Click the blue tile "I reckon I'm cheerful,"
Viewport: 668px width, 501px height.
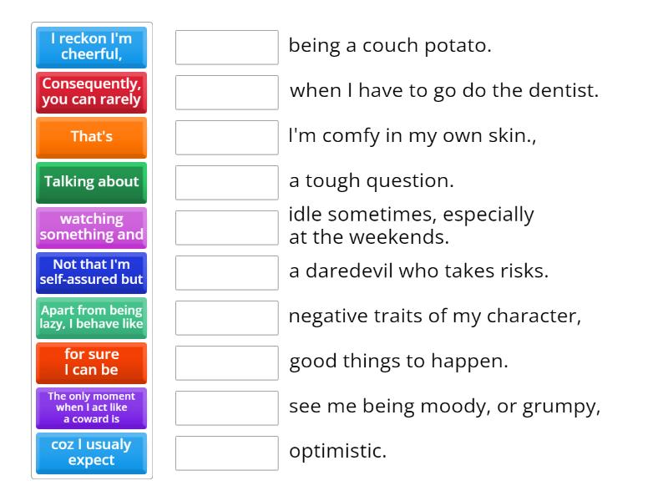tap(91, 47)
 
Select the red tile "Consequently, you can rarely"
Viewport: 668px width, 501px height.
tap(91, 92)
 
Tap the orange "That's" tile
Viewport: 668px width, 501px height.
tap(91, 137)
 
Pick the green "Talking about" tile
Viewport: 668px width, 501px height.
tap(91, 182)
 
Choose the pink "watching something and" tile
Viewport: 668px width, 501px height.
tap(91, 227)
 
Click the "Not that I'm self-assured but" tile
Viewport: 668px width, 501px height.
tap(91, 272)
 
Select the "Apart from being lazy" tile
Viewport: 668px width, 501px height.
tap(91, 317)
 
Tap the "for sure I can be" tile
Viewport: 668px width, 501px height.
tap(91, 362)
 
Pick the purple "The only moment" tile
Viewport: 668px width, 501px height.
tap(91, 407)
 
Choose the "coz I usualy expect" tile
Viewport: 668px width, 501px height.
tap(91, 453)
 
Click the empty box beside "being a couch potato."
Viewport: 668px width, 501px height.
tap(226, 48)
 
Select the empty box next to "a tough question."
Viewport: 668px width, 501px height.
tap(226, 183)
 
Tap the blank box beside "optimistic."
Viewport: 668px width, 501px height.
tap(226, 453)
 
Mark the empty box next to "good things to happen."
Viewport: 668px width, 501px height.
tap(226, 363)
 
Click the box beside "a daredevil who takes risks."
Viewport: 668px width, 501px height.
tap(226, 273)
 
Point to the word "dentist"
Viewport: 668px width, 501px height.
tap(566, 90)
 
